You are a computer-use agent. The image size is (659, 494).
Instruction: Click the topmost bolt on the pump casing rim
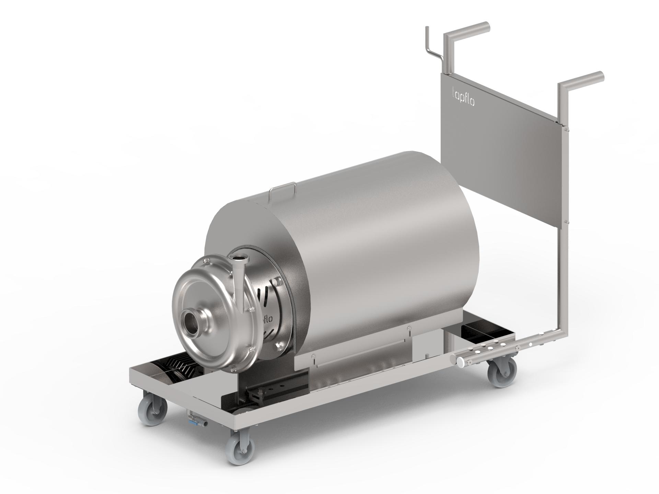click(205, 262)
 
